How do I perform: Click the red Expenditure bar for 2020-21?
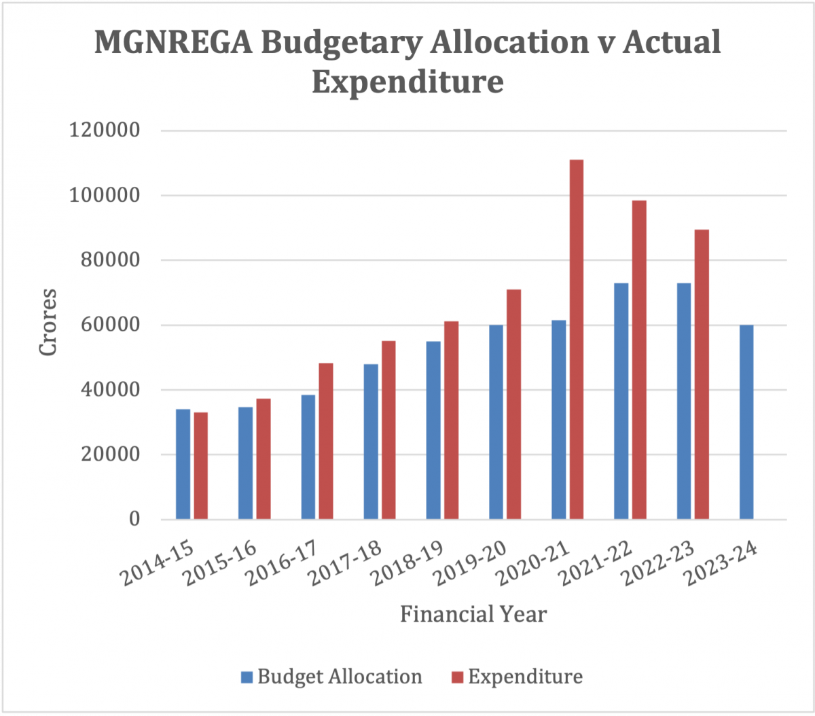tap(577, 340)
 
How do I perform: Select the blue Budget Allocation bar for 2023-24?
tap(746, 422)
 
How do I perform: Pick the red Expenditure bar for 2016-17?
tap(326, 441)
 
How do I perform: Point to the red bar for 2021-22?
tap(639, 360)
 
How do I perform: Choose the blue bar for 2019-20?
tap(496, 422)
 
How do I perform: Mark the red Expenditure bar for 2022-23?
tap(702, 374)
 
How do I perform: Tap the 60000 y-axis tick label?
tap(111, 325)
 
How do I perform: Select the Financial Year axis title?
tap(473, 614)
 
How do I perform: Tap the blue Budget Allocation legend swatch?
tap(247, 677)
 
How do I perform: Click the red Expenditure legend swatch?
tap(457, 677)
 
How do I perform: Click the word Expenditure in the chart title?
tap(407, 82)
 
